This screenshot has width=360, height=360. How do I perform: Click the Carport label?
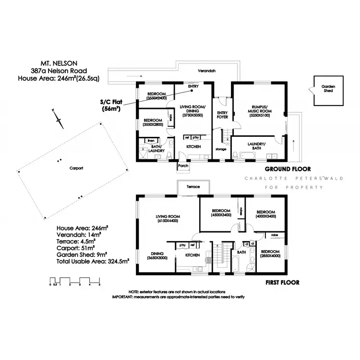[x=76, y=168]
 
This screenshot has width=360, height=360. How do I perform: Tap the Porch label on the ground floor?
[x=183, y=166]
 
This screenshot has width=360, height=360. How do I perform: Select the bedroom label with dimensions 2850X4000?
[x=271, y=253]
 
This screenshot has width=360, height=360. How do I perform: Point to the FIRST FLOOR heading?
[x=283, y=283]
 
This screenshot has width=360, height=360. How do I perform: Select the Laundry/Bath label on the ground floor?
[x=256, y=146]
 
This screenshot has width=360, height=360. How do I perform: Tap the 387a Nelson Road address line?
[x=58, y=71]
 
